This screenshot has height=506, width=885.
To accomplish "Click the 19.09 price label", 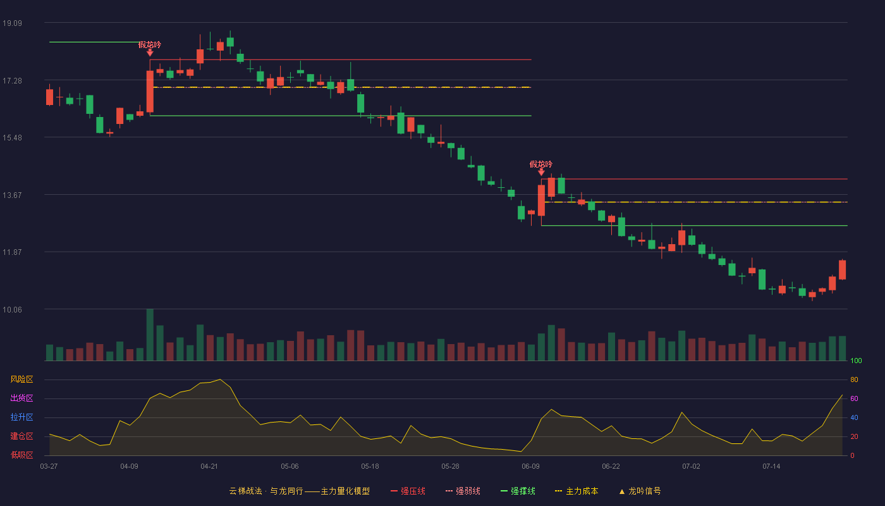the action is pyautogui.click(x=12, y=23).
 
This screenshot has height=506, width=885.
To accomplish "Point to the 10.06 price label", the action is pyautogui.click(x=12, y=309).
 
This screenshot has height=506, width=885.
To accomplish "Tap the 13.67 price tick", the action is pyautogui.click(x=12, y=195).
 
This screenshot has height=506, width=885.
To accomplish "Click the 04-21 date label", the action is pyautogui.click(x=209, y=467).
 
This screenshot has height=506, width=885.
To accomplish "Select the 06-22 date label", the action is pyautogui.click(x=611, y=467).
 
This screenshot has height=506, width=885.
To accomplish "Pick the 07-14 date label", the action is pyautogui.click(x=771, y=467).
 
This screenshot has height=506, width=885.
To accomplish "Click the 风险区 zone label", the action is pyautogui.click(x=21, y=379).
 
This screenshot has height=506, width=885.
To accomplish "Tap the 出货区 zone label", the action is pyautogui.click(x=21, y=398).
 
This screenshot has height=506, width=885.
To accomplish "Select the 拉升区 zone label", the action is pyautogui.click(x=21, y=417).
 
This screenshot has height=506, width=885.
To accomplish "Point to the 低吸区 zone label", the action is pyautogui.click(x=21, y=455).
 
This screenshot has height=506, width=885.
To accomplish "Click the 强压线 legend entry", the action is pyautogui.click(x=408, y=491).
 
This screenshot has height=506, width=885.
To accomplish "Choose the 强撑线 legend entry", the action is pyautogui.click(x=518, y=491).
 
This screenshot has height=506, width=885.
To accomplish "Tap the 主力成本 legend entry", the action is pyautogui.click(x=577, y=491).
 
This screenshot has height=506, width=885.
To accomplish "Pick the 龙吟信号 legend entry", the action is pyautogui.click(x=640, y=491).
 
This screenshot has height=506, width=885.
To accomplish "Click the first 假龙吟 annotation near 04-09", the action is pyautogui.click(x=150, y=45).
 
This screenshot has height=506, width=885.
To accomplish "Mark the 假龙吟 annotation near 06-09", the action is pyautogui.click(x=541, y=164).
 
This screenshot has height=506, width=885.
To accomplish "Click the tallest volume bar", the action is pyautogui.click(x=150, y=335).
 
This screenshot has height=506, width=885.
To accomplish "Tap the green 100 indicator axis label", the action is pyautogui.click(x=856, y=361).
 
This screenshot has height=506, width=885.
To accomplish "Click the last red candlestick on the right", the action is pyautogui.click(x=842, y=269).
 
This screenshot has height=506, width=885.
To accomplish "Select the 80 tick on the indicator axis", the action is pyautogui.click(x=854, y=379).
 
